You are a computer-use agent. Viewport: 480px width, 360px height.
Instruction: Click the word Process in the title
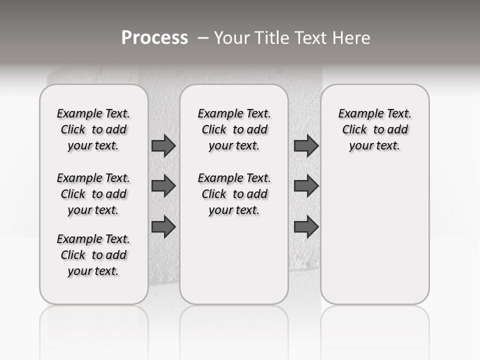coord(154,38)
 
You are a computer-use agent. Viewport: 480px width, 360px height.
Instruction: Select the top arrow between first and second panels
coord(163,145)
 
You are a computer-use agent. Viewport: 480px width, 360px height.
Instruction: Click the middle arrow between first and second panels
coord(163,186)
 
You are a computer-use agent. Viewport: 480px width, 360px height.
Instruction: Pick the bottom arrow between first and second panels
coord(163,227)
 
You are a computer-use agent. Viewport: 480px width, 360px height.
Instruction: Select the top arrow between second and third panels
coord(306,145)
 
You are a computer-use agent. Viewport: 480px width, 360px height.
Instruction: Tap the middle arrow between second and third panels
coord(306,186)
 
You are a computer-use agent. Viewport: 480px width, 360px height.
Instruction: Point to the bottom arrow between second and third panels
coord(306,227)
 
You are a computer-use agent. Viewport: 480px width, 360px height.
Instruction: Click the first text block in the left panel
coord(93,129)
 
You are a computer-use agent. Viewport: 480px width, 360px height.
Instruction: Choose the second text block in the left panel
coord(93,194)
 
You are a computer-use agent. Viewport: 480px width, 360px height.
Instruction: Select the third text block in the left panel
coord(93,255)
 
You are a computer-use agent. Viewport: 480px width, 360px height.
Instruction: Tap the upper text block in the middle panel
coord(234,129)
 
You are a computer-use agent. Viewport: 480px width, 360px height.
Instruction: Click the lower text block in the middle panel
coord(234,194)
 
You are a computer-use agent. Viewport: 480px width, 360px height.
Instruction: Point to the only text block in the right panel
coord(374,129)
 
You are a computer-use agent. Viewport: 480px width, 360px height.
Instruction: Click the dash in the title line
coord(202,38)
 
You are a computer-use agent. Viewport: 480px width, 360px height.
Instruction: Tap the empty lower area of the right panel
coord(374,240)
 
